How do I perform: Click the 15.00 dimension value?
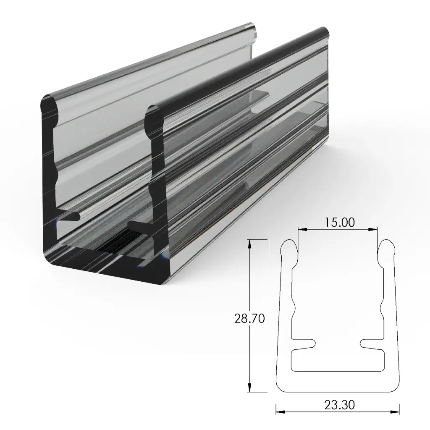pyautogui.click(x=339, y=222)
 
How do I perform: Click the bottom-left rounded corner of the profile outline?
pyautogui.click(x=280, y=385)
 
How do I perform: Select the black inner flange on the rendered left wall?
pyautogui.click(x=67, y=216)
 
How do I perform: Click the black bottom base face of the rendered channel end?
pyautogui.click(x=105, y=269)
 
